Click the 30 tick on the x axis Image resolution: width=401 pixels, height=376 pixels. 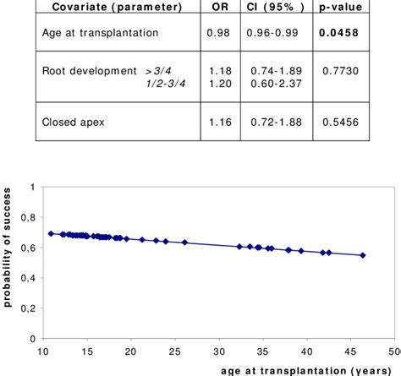click(219, 350)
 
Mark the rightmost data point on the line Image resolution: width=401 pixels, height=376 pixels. click(363, 255)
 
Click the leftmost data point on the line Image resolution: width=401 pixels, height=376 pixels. click(51, 233)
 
